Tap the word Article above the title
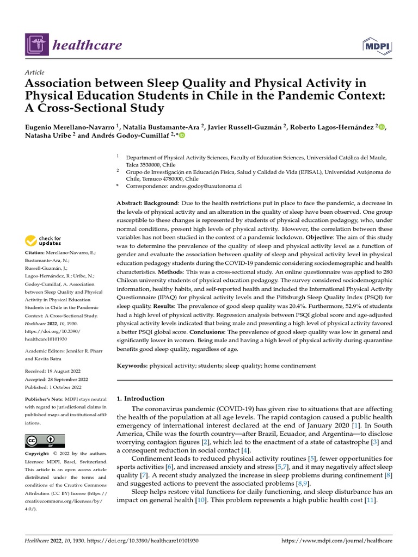[x=35, y=72]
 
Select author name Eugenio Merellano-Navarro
[x=69, y=127]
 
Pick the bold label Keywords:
[x=132, y=366]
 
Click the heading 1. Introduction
[x=140, y=398]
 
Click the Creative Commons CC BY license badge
[x=45, y=440]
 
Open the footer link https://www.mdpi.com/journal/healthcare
[x=336, y=541]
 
